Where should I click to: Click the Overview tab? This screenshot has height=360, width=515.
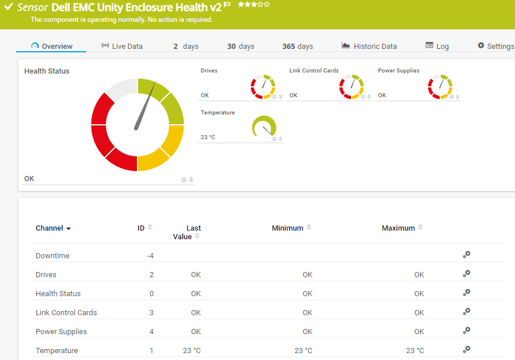tap(52, 46)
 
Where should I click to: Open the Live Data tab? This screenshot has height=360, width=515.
tap(121, 46)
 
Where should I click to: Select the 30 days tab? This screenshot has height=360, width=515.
tap(241, 46)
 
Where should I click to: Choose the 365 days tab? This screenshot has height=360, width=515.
tap(297, 46)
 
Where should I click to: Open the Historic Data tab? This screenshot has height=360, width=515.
tap(369, 46)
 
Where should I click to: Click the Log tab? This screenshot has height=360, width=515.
tap(437, 46)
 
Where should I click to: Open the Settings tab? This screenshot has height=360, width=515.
tap(495, 46)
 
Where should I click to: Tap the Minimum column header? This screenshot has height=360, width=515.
tap(288, 228)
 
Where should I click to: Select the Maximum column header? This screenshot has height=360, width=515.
tap(398, 228)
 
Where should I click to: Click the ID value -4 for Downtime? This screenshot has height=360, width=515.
tap(150, 256)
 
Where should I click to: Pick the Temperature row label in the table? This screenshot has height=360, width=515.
tap(56, 351)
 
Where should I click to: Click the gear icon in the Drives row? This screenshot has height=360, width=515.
tap(467, 274)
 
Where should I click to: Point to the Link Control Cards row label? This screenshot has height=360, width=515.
tap(66, 313)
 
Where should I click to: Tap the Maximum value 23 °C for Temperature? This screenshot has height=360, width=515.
tap(415, 351)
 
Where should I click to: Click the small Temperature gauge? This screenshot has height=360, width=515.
tap(264, 127)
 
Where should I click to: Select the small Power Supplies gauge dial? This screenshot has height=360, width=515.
tap(440, 86)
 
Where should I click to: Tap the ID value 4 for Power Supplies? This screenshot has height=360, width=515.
tap(151, 332)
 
